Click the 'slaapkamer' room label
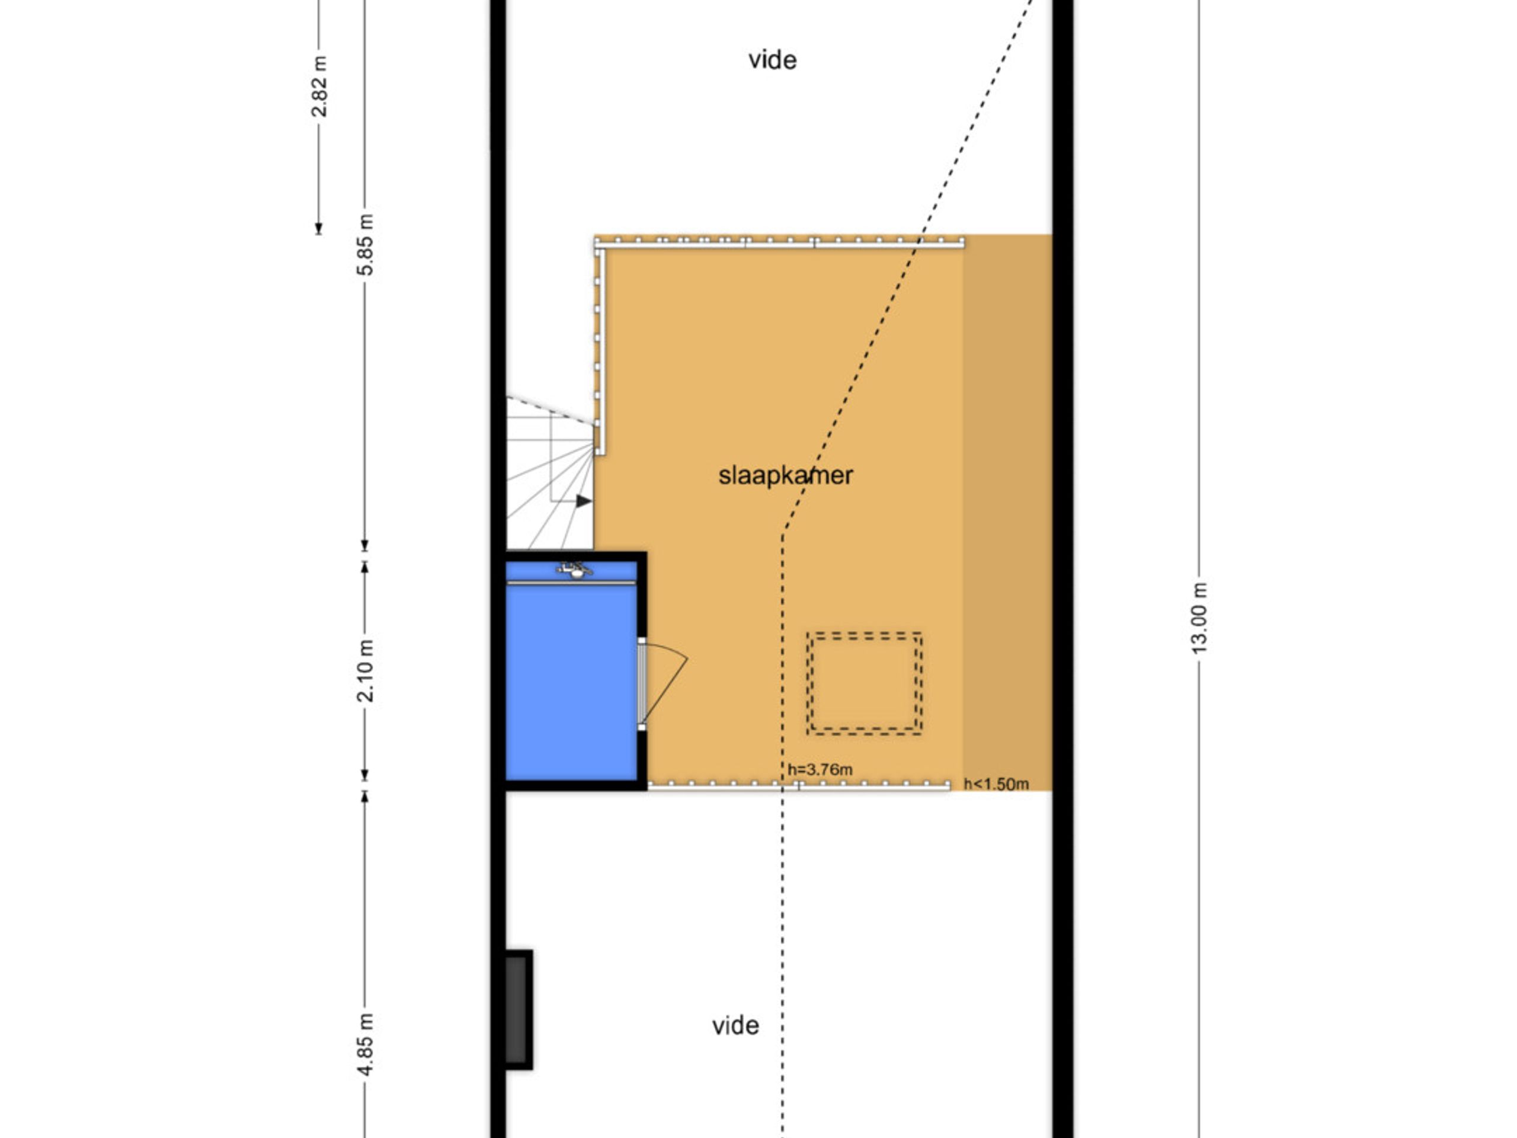(785, 475)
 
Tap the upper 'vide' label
(772, 60)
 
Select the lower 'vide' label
(735, 1026)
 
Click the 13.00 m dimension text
(1199, 618)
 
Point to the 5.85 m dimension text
(366, 245)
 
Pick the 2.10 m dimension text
(366, 671)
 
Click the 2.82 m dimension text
(319, 87)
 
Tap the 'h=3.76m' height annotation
(820, 770)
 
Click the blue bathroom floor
(571, 679)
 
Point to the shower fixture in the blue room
(574, 570)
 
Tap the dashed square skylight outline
(864, 684)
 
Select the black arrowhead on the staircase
(584, 501)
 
